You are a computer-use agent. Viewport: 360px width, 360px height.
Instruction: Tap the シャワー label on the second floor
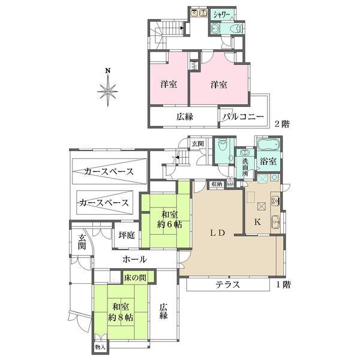pyautogui.click(x=223, y=13)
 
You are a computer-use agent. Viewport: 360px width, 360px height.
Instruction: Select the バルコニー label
pyautogui.click(x=244, y=116)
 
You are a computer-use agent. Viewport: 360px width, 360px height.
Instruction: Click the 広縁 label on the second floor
pyautogui.click(x=185, y=116)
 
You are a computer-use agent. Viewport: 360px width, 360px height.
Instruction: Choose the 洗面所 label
pyautogui.click(x=245, y=166)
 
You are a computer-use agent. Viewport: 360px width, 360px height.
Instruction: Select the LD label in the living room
pyautogui.click(x=217, y=234)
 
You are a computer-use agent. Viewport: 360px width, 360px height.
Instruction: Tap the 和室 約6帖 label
pyautogui.click(x=169, y=220)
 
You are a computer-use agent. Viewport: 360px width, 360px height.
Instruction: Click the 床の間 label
pyautogui.click(x=136, y=277)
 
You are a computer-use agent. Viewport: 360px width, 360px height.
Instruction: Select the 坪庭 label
pyautogui.click(x=125, y=236)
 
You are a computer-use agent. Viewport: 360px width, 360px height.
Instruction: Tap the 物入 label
pyautogui.click(x=100, y=347)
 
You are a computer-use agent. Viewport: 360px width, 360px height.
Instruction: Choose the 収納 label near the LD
pyautogui.click(x=217, y=184)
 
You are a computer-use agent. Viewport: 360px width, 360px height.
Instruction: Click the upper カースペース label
pyautogui.click(x=109, y=171)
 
